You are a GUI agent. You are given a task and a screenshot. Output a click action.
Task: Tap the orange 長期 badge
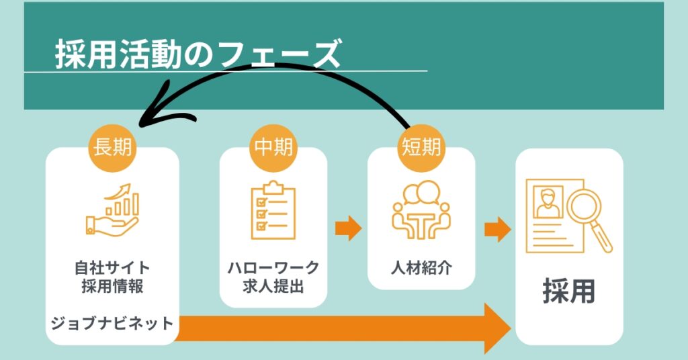click(x=113, y=146)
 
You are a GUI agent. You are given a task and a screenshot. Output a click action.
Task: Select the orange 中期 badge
click(x=273, y=146)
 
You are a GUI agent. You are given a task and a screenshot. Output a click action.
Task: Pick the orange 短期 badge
click(x=421, y=146)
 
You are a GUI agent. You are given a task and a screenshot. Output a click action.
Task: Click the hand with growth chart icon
click(x=113, y=210)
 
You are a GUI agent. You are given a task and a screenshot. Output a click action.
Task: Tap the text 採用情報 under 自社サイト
click(x=113, y=286)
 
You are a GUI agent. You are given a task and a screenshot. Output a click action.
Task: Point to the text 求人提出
click(x=273, y=286)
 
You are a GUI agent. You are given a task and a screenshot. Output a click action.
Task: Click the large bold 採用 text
click(x=568, y=293)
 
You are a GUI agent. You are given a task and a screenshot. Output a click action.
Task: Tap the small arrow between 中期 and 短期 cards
click(x=349, y=228)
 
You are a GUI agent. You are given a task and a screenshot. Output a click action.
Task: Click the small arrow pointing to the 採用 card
click(x=497, y=228)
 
